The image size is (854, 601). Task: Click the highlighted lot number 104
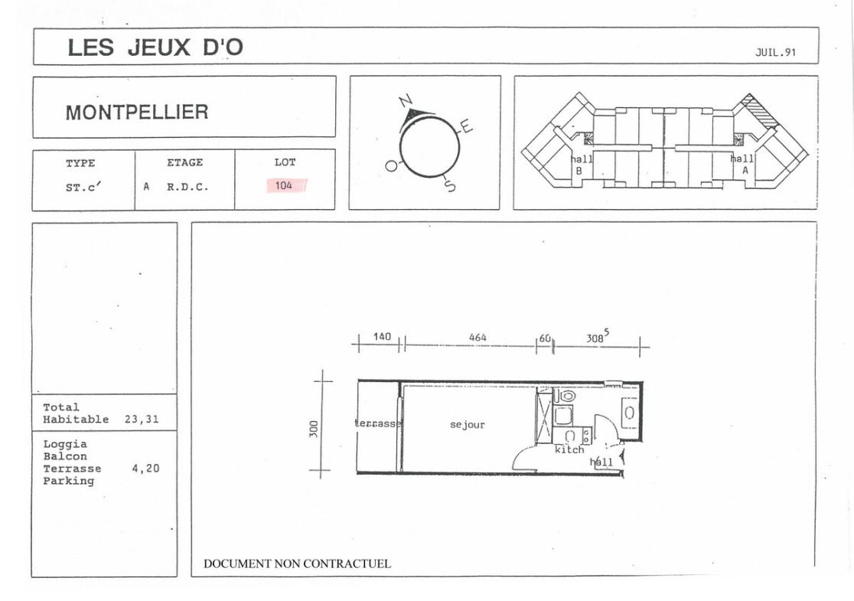[x=284, y=186]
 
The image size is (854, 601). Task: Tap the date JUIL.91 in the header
[x=775, y=52]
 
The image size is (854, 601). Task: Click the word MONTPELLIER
[x=137, y=113]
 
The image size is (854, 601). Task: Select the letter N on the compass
[x=406, y=101]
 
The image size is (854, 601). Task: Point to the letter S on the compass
[x=450, y=185]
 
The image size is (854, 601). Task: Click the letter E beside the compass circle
[x=466, y=126]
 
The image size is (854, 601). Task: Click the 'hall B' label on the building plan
[x=581, y=165]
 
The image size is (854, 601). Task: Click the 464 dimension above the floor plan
[x=478, y=338]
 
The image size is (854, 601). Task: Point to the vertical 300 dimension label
[x=313, y=428]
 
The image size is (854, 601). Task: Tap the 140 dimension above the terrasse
[x=382, y=337]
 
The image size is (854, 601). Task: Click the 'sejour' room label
[x=468, y=424]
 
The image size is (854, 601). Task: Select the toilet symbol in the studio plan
[x=567, y=396]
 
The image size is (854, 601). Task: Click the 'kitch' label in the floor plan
[x=569, y=449]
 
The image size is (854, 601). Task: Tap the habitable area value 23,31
[x=142, y=419]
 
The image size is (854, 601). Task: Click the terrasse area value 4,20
[x=145, y=468]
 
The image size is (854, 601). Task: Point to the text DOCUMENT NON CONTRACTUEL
[x=298, y=564]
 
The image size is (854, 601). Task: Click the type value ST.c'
[x=83, y=187]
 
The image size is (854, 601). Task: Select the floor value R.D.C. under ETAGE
[x=187, y=187]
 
